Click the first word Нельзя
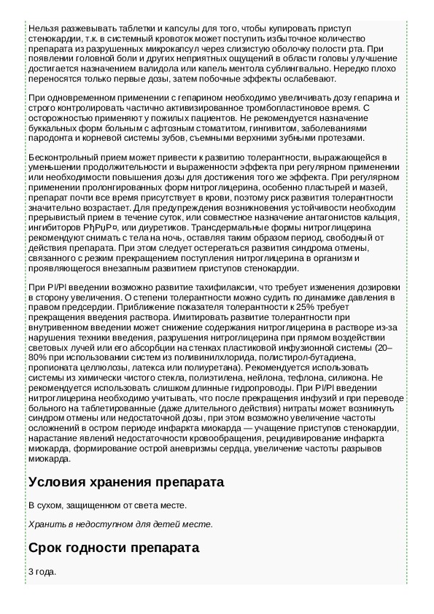tap(42, 27)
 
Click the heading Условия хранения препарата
tap(125, 483)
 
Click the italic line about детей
tap(120, 524)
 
